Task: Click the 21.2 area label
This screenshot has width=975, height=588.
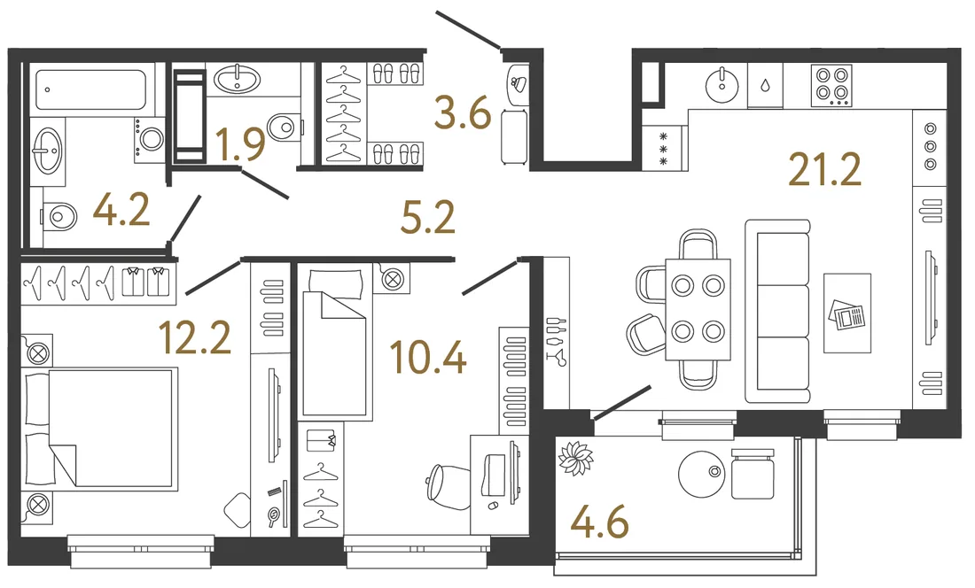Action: point(824,169)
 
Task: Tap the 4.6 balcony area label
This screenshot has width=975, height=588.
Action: point(599,522)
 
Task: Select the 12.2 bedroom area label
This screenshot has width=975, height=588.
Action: point(195,337)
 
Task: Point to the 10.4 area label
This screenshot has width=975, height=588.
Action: point(428,358)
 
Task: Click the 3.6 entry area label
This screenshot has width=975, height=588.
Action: point(464,113)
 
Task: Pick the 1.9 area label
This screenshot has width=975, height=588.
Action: point(240,144)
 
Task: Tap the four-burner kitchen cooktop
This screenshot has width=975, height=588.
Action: point(831,85)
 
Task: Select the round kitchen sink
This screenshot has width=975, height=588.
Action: point(721,86)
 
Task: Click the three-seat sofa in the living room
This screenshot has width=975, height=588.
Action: point(778,311)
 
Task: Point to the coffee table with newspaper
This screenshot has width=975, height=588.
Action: point(846,313)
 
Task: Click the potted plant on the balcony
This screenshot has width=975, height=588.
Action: point(575,458)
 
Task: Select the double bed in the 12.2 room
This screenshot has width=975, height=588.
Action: point(99,427)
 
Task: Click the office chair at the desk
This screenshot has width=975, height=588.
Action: point(449,487)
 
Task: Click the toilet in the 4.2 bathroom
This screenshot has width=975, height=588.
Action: point(59,217)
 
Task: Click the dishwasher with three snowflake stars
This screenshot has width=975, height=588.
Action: point(665,149)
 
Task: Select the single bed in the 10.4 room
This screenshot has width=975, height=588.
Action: point(335,344)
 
